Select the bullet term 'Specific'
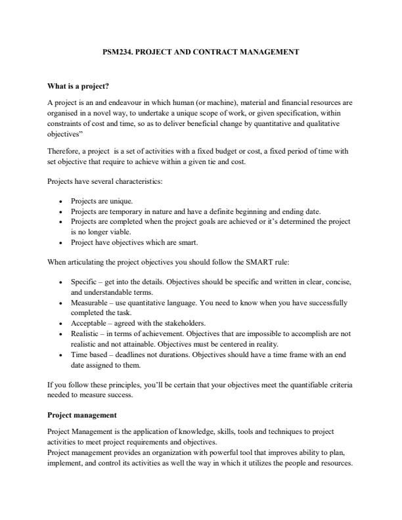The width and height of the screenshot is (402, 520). click(83, 281)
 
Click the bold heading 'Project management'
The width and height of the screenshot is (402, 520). click(79, 415)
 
